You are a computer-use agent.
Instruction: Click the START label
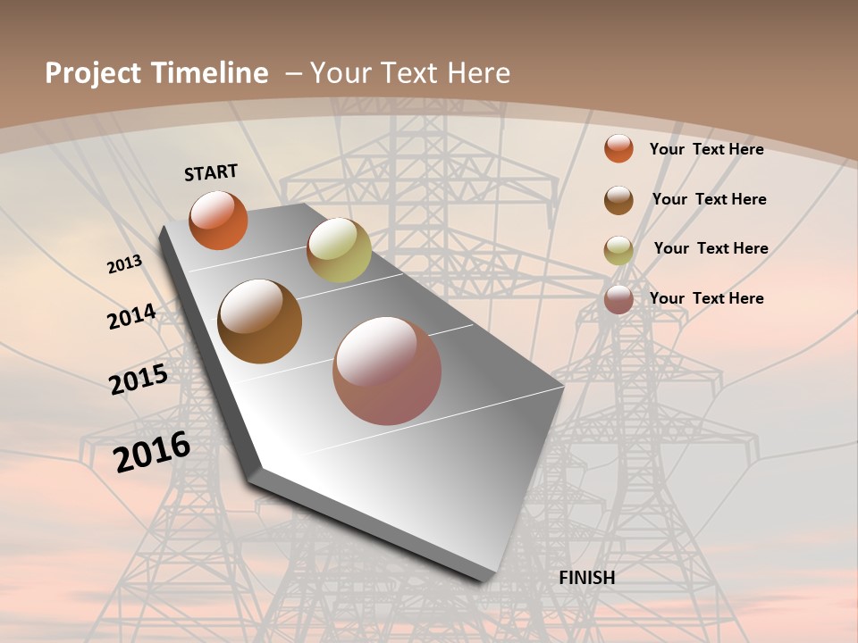point(211,171)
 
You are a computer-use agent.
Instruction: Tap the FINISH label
point(586,578)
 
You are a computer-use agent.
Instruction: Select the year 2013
point(124,264)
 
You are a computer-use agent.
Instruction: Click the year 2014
point(131,317)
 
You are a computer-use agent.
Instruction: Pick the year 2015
point(139,380)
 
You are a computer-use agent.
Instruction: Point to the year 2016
point(152,451)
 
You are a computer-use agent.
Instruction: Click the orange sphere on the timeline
point(218,220)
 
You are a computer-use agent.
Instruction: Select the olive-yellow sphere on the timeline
point(339,250)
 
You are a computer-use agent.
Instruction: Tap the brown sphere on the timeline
point(259,321)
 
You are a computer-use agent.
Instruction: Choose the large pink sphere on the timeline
point(387,371)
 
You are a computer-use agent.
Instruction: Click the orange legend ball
point(618,148)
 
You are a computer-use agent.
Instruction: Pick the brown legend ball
point(618,200)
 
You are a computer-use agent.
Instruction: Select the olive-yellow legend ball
point(618,250)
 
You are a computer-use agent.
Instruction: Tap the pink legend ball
point(618,299)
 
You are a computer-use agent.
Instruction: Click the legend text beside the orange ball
point(706,149)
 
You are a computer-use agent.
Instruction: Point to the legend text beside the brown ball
point(709,199)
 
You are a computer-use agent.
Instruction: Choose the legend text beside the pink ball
point(706,298)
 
